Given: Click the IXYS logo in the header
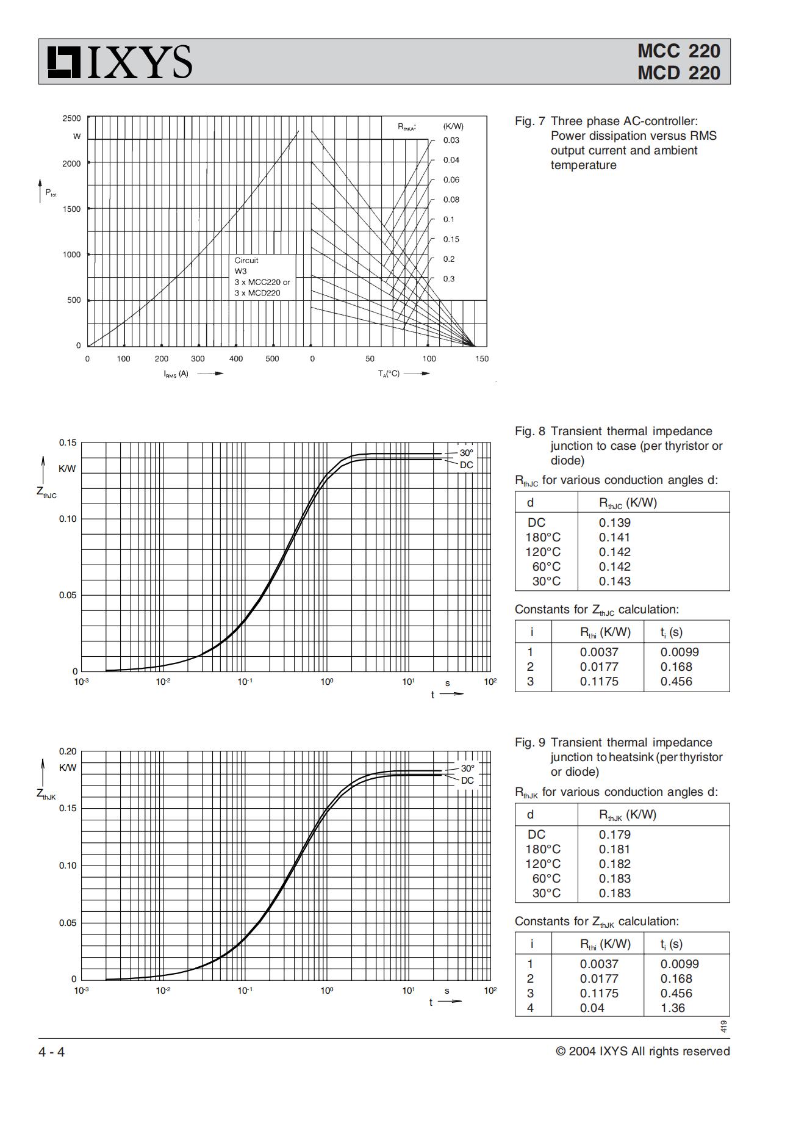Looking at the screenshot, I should [x=120, y=62].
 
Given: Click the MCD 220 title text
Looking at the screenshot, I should [x=678, y=73].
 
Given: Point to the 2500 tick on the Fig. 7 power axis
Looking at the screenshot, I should [x=71, y=118].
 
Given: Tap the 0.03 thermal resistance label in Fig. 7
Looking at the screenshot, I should [x=451, y=140].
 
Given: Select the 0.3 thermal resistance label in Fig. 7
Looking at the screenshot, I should [x=449, y=279].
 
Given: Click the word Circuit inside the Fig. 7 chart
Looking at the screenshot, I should [x=246, y=260].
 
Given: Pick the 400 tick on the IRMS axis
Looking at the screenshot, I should [x=235, y=359].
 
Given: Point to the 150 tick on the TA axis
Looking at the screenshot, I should [x=482, y=359].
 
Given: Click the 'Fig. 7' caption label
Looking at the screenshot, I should [x=529, y=121].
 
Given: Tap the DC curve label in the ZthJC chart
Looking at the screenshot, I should [x=466, y=465].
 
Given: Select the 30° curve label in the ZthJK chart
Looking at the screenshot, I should [x=468, y=768].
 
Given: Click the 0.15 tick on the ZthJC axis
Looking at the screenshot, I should [x=68, y=443].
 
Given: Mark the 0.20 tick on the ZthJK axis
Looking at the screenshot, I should [x=68, y=751].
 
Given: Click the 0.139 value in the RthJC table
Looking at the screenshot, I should [x=614, y=522].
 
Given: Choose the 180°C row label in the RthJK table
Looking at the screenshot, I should [x=543, y=849].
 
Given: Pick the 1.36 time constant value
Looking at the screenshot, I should [x=673, y=1008].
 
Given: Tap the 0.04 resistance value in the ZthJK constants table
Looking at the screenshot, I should [x=592, y=1008].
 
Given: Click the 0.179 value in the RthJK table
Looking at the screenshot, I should [x=614, y=834].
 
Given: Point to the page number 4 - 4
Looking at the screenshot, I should [x=52, y=1052].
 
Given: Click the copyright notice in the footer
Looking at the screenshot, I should [x=642, y=1051].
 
